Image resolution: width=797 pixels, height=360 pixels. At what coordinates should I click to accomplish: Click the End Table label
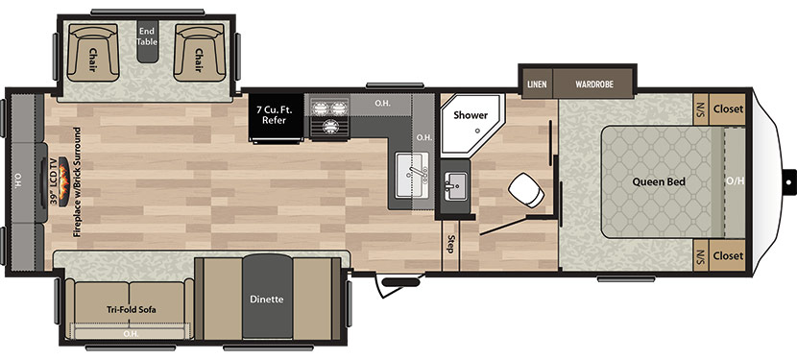tap(148, 36)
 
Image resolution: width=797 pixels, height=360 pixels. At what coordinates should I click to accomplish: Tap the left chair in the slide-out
tap(92, 53)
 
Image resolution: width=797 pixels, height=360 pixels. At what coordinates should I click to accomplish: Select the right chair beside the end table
tap(200, 53)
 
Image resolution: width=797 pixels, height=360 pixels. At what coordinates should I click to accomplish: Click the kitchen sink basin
tap(412, 175)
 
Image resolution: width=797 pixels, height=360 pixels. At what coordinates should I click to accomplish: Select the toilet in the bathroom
tap(526, 189)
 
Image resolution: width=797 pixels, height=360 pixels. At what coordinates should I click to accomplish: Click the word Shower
tap(471, 115)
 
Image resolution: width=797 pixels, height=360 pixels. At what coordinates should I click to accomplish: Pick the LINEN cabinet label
tap(537, 84)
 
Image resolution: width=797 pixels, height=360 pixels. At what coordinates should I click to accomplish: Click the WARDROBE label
tap(594, 84)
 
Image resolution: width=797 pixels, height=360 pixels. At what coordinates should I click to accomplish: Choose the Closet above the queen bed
tap(728, 108)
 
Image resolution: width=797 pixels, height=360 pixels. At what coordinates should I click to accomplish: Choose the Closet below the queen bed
tap(728, 255)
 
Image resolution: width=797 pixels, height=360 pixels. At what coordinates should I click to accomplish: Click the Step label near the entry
tap(449, 245)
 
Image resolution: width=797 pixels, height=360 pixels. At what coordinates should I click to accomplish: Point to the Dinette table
tap(267, 298)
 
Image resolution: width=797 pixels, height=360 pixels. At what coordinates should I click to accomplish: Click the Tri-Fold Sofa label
tap(132, 309)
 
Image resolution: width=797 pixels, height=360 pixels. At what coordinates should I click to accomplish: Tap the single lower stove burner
tap(330, 127)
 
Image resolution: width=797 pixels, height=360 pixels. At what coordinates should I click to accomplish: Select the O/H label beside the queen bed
tap(735, 180)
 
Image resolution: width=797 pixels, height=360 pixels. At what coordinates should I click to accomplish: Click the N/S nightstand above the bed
tap(701, 108)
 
